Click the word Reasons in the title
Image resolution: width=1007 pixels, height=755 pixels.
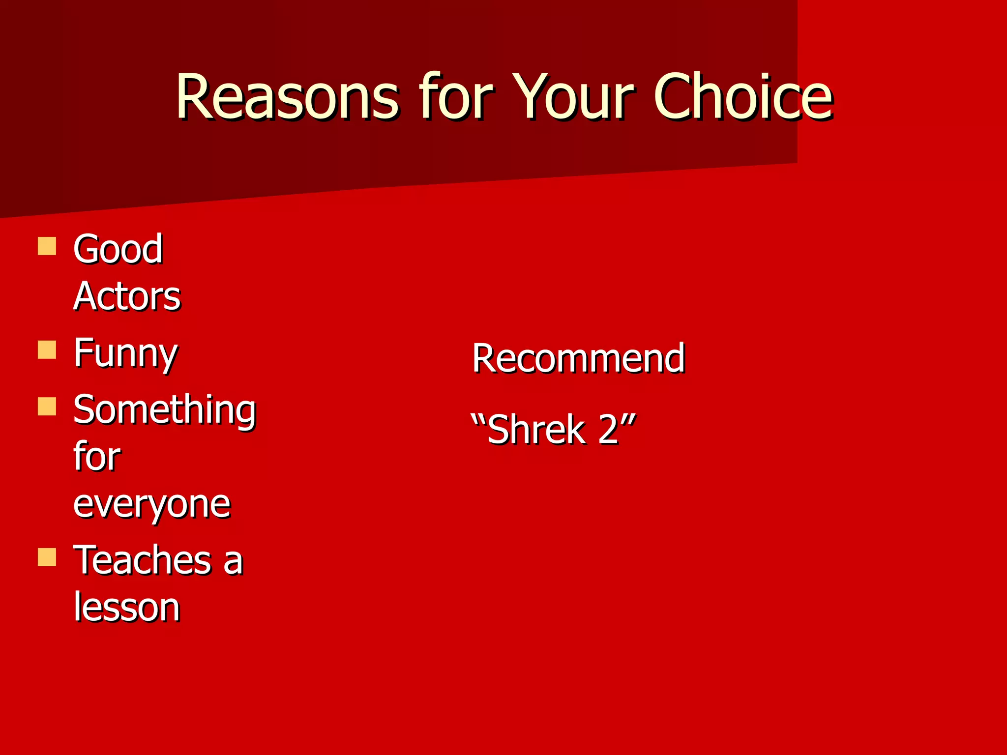287,97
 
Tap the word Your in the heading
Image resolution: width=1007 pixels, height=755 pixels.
573,97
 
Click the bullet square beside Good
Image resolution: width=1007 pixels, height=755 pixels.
47,246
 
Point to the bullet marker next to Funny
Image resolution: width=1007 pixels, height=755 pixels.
47,350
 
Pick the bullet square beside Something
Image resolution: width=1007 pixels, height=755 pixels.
47,407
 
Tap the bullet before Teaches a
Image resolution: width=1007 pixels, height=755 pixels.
47,557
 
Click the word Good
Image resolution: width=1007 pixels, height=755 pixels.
118,249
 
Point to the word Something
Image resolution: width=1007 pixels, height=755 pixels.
164,410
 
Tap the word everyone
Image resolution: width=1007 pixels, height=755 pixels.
151,505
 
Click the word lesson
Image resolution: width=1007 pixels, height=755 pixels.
127,608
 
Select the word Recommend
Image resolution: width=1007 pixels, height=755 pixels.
578,358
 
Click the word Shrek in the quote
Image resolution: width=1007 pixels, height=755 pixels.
536,430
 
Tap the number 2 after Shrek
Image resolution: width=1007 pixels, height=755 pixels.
609,430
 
